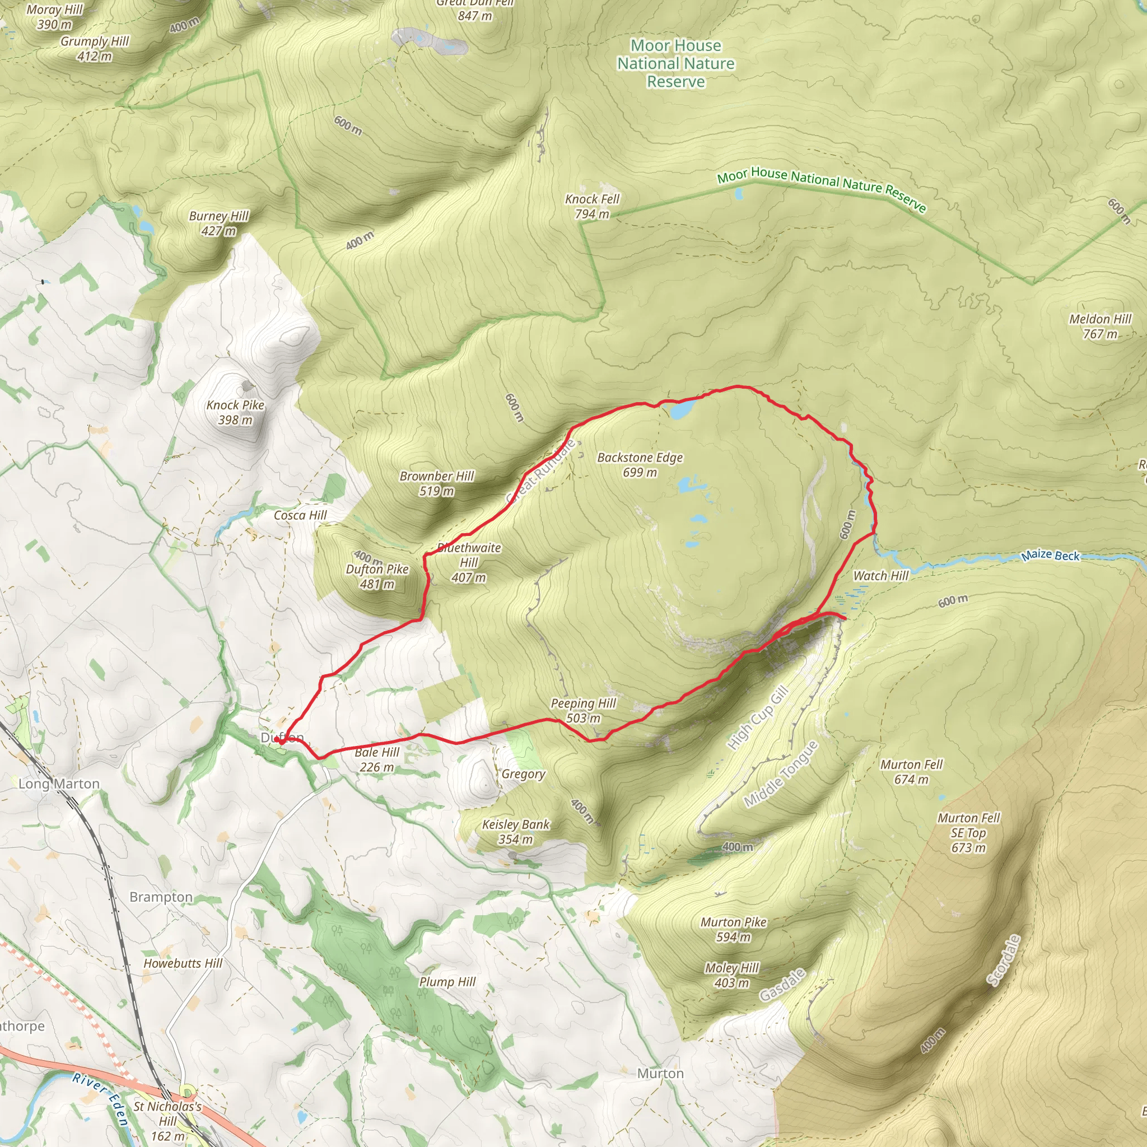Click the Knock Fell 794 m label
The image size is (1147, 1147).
click(592, 206)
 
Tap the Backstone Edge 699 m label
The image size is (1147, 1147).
click(640, 465)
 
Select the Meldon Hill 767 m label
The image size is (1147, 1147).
click(1100, 327)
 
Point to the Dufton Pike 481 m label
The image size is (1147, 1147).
click(377, 576)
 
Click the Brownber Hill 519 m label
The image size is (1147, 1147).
click(436, 483)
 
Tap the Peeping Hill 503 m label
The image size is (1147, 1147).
click(583, 711)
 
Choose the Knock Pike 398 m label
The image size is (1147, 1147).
click(235, 412)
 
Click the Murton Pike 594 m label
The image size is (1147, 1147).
click(733, 929)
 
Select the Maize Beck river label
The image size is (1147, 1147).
click(1050, 555)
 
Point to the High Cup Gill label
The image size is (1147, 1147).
click(758, 717)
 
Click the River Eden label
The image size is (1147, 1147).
click(101, 1098)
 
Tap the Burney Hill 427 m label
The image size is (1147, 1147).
click(218, 223)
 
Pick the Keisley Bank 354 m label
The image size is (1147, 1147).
click(515, 831)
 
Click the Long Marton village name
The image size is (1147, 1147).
click(59, 784)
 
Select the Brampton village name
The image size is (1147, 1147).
click(161, 897)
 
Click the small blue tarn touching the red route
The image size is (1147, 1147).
click(683, 409)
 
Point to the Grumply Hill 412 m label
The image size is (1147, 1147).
click(95, 49)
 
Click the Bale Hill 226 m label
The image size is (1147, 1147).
click(377, 759)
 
